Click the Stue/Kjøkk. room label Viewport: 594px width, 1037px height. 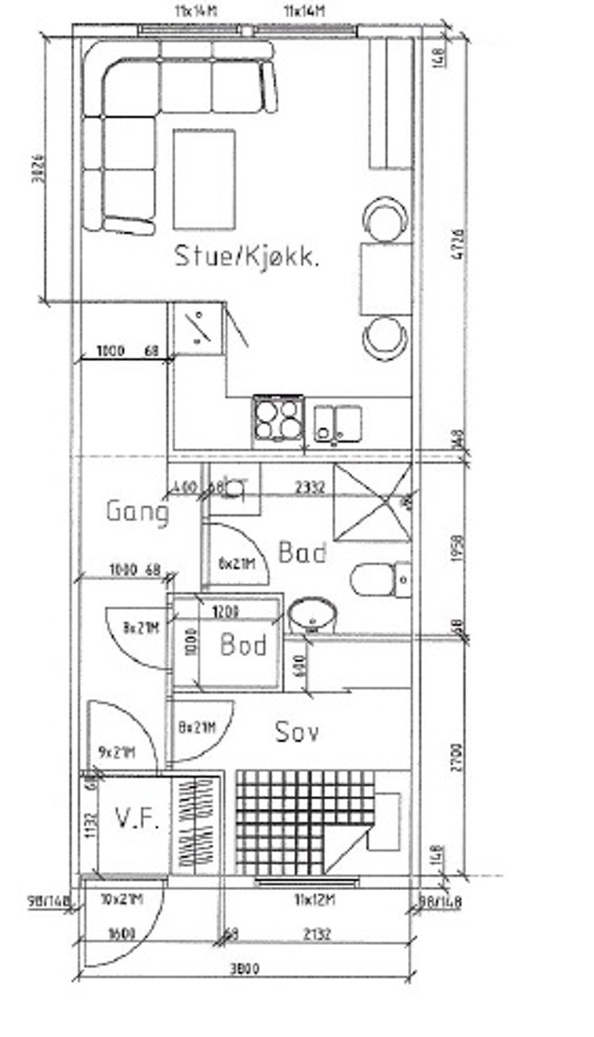[247, 256]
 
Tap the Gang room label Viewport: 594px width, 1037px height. [138, 511]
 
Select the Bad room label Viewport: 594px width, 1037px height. [302, 552]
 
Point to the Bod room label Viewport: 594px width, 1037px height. [243, 644]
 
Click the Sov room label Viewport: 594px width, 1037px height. [297, 732]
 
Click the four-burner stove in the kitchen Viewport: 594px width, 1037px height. [278, 419]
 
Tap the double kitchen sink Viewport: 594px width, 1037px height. [338, 424]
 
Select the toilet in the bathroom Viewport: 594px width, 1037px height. [377, 579]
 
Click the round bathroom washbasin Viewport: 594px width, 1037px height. [312, 615]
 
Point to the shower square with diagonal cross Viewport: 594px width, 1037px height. [371, 502]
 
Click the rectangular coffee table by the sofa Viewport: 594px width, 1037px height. [203, 179]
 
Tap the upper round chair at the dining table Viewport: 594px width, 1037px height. [384, 218]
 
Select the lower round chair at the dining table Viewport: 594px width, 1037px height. [385, 338]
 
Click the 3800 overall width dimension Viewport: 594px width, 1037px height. [244, 969]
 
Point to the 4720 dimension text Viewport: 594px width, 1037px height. [458, 244]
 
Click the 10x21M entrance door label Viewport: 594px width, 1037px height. [122, 899]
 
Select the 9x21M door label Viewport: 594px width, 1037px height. [116, 752]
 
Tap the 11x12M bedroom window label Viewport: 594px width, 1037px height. [314, 900]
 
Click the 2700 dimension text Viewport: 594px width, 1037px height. [456, 757]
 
